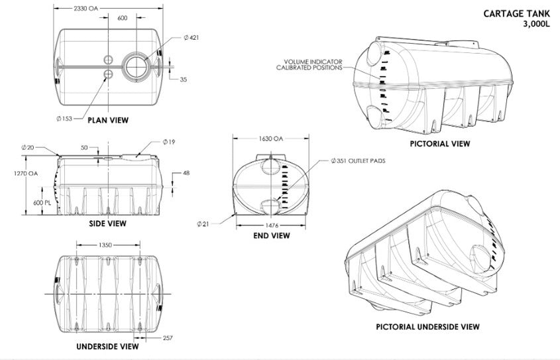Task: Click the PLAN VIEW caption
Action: point(108,120)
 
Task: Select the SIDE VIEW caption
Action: point(107,223)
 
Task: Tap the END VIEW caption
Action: point(271,235)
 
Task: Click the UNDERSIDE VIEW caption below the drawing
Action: point(107,346)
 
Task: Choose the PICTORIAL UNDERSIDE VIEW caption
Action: point(427,327)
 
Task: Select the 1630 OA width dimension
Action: point(270,139)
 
